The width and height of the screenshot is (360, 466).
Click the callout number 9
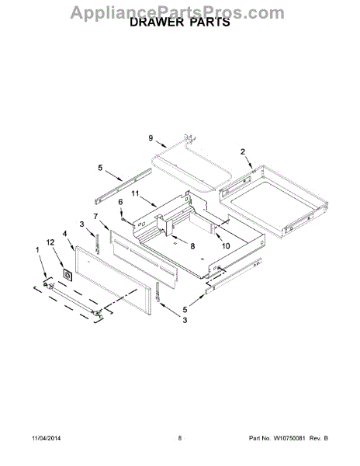coord(151,138)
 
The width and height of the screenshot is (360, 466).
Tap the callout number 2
coord(243,152)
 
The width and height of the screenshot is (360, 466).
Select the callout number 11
coord(135,193)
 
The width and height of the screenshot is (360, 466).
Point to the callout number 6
coord(120,202)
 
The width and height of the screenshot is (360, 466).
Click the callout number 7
coord(95,217)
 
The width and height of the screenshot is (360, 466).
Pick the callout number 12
coord(50,242)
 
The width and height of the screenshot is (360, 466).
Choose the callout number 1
coord(37,250)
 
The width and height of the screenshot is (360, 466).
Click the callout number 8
coord(192,246)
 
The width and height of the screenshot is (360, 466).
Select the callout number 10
coord(226,245)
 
